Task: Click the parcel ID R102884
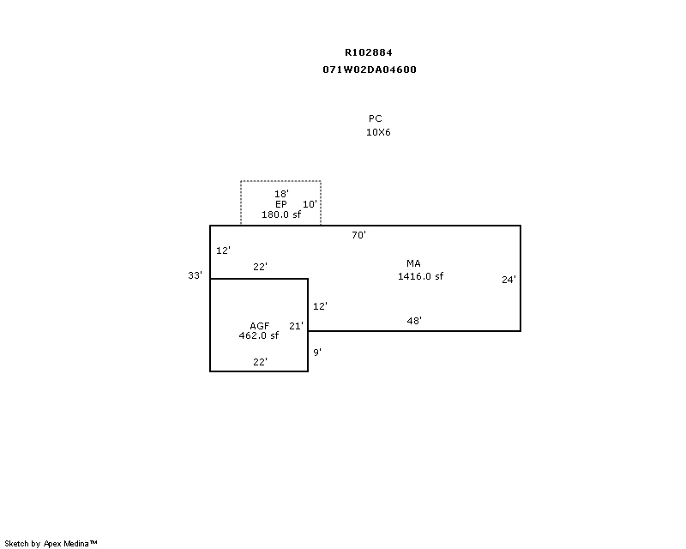pos(369,52)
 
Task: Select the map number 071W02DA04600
pos(370,69)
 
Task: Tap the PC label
pos(376,118)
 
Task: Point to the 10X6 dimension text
pos(378,132)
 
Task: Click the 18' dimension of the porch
pos(281,194)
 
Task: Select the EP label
pos(281,204)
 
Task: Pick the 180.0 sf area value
pos(281,214)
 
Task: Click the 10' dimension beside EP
pos(310,204)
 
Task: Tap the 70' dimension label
pos(359,234)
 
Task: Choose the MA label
pos(414,263)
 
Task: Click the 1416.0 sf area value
pos(420,276)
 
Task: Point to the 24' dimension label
pos(509,279)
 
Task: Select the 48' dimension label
pos(414,321)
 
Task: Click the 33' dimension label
pos(196,275)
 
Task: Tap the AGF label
pos(260,326)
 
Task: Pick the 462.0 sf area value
pos(259,336)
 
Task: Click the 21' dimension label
pos(297,326)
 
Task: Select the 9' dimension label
pos(317,352)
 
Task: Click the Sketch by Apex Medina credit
pos(51,543)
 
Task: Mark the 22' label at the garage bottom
pos(260,362)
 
